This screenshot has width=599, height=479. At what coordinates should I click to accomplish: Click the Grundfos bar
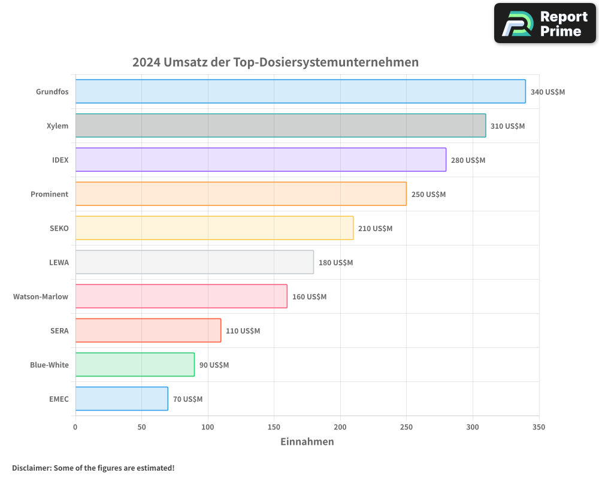[300, 92]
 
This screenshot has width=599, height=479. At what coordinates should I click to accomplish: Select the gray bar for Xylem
[280, 126]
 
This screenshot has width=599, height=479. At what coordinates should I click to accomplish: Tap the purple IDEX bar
[261, 160]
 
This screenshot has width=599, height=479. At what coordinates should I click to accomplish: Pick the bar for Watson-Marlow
[181, 296]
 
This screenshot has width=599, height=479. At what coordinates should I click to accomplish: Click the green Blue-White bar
[135, 365]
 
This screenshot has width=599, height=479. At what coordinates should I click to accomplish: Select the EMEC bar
[122, 399]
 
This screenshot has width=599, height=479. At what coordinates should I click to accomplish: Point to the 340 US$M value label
[547, 92]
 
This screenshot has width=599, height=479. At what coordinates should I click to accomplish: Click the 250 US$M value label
[428, 195]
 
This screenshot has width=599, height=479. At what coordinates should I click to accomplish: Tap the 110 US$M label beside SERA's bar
[243, 331]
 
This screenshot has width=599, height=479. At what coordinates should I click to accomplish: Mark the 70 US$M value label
[187, 399]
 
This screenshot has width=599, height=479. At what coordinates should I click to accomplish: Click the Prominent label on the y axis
[50, 194]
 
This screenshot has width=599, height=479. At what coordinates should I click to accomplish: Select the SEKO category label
[59, 228]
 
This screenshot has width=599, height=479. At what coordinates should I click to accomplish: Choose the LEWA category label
[59, 262]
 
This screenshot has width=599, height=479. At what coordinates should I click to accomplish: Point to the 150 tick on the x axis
[274, 428]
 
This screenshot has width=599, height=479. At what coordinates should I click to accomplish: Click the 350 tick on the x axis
[539, 428]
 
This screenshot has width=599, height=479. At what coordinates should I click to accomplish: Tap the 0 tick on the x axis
[75, 428]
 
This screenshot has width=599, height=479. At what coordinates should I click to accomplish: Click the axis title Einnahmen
[307, 442]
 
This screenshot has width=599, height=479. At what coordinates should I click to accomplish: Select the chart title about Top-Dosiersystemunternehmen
[275, 62]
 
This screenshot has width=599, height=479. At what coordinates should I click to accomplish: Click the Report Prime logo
[544, 23]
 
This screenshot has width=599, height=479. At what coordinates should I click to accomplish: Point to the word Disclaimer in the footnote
[31, 468]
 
